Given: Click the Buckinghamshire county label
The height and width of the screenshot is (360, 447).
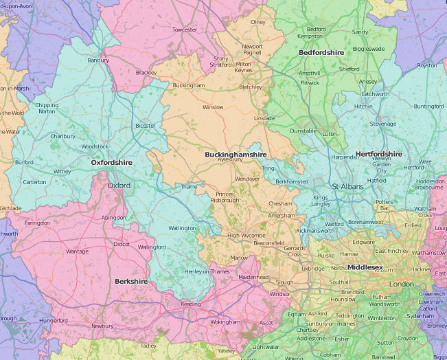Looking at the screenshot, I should (x=236, y=155).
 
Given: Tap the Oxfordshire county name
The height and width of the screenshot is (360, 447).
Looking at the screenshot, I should (x=114, y=162).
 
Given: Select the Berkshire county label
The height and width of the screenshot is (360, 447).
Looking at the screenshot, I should (x=130, y=282).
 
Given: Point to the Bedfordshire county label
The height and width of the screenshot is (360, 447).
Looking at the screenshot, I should (x=321, y=52).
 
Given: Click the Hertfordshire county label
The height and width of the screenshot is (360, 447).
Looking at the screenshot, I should (x=378, y=154).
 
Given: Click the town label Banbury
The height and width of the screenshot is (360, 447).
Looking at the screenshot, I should (x=98, y=60).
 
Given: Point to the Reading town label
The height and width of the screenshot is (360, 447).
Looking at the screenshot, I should (x=190, y=304).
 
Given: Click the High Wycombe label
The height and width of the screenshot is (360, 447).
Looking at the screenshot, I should (x=242, y=235).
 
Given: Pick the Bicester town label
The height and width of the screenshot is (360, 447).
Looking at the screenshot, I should (x=146, y=126).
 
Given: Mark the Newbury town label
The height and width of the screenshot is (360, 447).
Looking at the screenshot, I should (x=102, y=326).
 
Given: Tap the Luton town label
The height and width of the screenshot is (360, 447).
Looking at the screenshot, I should (x=330, y=133).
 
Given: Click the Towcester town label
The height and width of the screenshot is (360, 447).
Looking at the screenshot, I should (x=185, y=30).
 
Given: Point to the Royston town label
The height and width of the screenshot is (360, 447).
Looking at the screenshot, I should (x=426, y=65).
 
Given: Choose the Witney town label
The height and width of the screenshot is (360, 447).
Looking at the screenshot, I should (x=62, y=171).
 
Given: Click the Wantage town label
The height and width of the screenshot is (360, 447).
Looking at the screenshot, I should (x=77, y=251).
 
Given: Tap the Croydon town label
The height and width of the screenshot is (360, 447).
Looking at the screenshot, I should (x=407, y=338).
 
